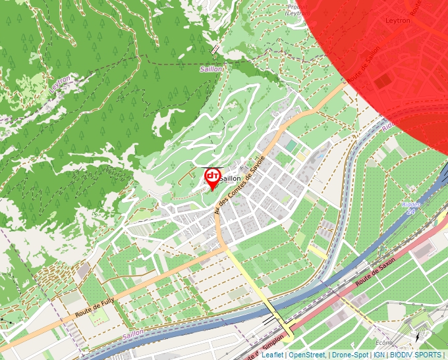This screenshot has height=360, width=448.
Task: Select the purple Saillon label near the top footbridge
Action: point(211,68)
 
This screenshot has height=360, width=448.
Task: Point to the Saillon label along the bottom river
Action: point(132,336)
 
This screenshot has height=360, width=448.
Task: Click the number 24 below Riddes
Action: point(411,212)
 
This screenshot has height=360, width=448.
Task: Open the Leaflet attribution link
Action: point(272,355)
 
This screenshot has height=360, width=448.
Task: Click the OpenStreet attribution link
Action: point(306,355)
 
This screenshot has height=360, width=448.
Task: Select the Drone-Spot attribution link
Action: point(350,355)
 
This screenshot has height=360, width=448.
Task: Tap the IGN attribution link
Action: point(379,355)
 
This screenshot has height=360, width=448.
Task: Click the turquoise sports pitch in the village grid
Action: point(291,145)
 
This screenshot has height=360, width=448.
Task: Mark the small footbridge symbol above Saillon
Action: point(215,50)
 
